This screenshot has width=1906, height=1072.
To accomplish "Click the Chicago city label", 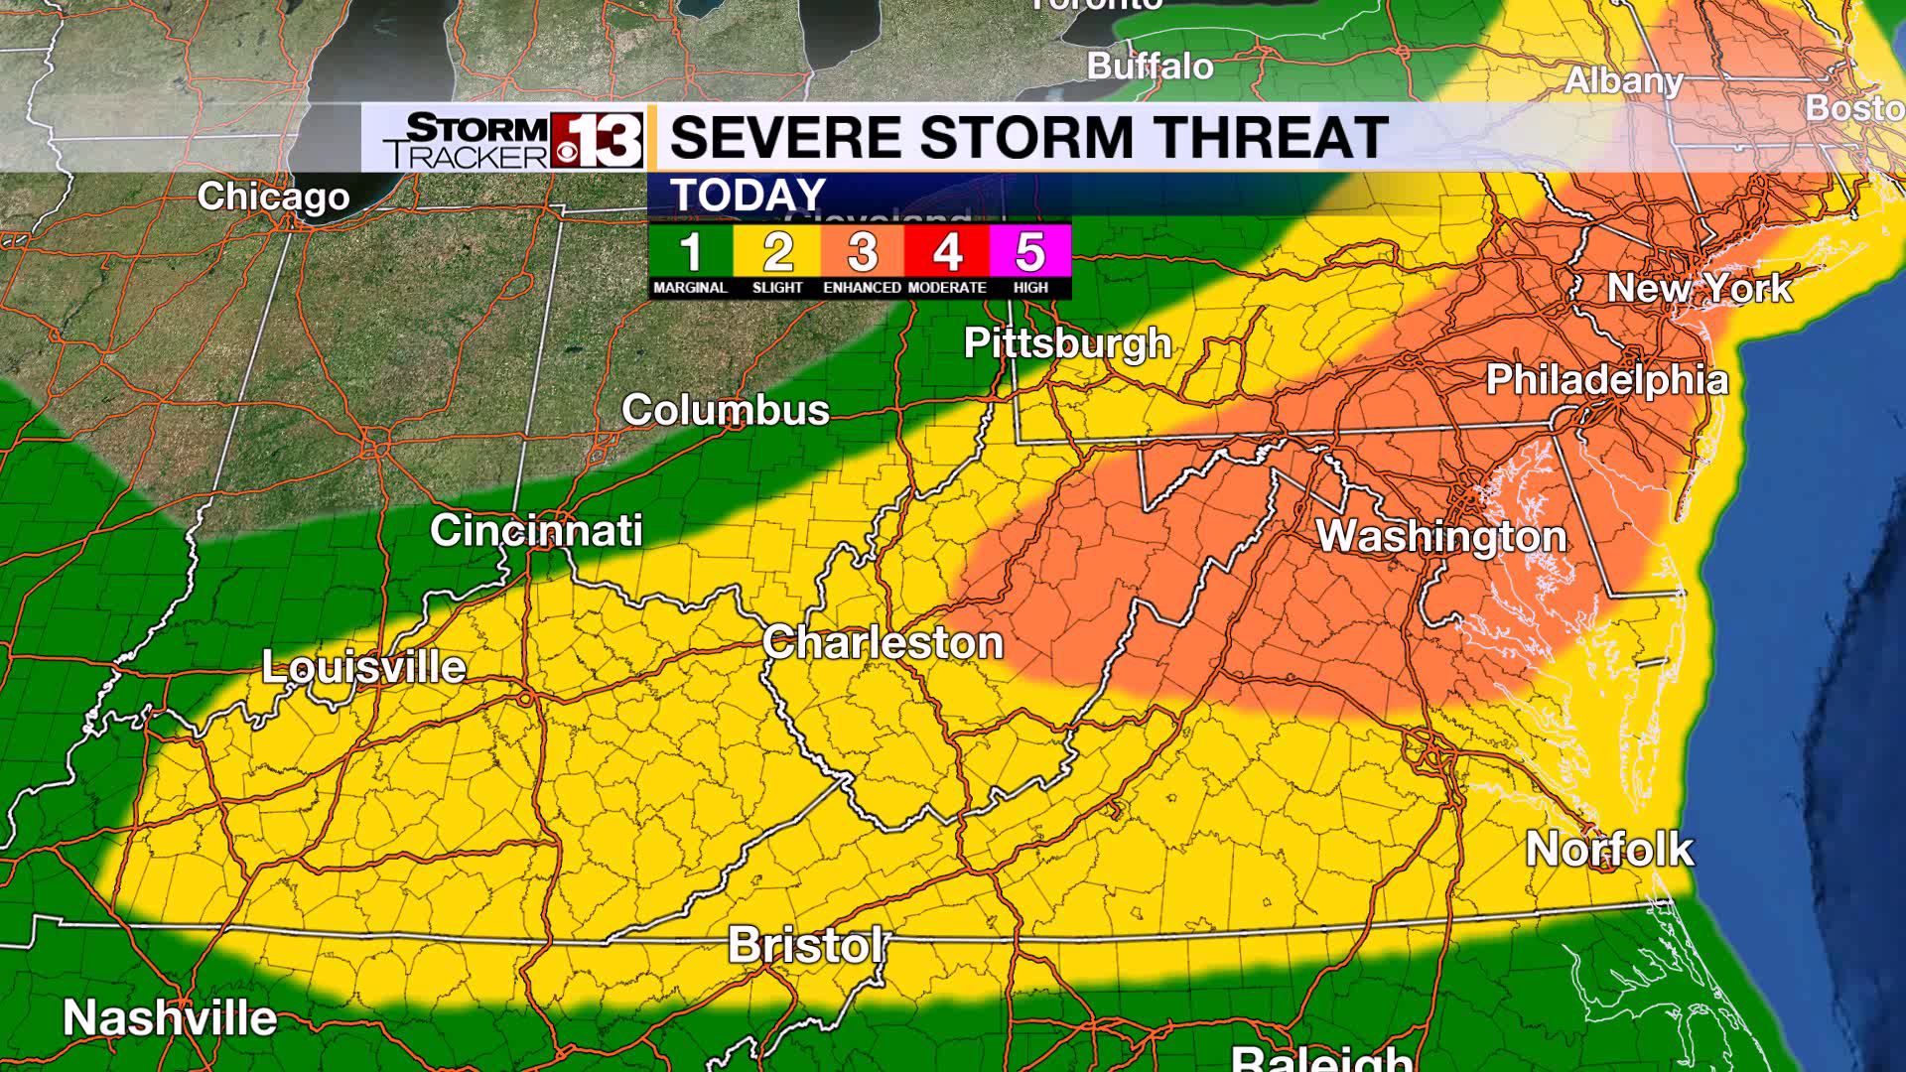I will pos(273,196).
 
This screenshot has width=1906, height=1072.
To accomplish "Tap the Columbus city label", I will pos(726,409).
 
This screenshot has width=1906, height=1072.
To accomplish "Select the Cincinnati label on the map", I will pos(536,530).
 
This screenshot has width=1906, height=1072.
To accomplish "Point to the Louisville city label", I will pos(363,666).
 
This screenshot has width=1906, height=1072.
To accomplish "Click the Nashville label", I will pos(170,1017).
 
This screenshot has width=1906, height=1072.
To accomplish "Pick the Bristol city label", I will pos(805,944).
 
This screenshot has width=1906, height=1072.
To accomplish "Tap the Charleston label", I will pos(883,642).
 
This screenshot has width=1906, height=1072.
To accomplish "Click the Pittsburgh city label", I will pos(1068,343).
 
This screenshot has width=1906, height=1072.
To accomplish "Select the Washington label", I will pos(1441,536).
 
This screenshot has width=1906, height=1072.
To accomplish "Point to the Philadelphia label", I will pos(1607,379).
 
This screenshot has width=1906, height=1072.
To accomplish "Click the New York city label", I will pos(1700,288).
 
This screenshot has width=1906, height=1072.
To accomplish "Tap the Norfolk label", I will pos(1609,849).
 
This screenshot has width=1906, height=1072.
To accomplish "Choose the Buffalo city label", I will pos(1151,66).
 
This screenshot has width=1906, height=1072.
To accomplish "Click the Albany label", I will pos(1624,80).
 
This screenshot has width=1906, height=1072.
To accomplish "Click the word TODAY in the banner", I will pos(749,195).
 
